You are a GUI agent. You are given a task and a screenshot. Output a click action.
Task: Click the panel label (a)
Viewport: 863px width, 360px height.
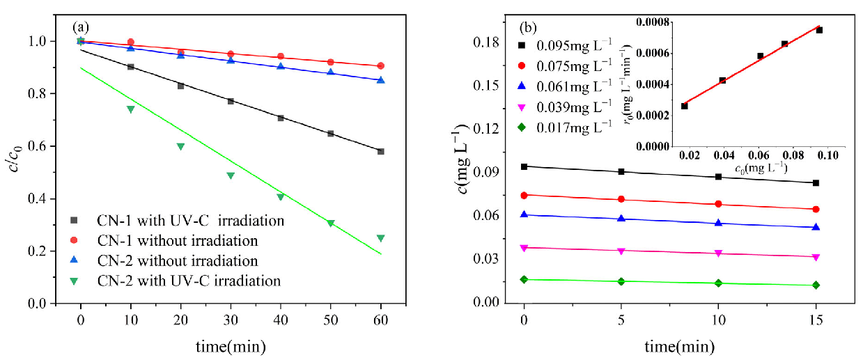81,27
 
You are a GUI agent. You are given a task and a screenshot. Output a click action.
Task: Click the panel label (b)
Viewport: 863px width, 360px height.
527,29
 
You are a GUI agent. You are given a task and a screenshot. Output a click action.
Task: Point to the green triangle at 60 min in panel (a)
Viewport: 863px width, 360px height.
380,238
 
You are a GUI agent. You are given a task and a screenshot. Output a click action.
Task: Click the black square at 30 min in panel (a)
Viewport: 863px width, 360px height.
231,101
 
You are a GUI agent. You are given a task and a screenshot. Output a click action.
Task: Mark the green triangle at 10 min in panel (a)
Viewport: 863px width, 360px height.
130,109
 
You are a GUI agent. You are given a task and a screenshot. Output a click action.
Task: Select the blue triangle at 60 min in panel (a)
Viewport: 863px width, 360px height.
380,80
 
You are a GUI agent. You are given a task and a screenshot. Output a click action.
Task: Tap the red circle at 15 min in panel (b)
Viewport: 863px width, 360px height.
816,209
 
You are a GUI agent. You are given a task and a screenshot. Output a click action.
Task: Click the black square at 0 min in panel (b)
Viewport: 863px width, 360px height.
524,166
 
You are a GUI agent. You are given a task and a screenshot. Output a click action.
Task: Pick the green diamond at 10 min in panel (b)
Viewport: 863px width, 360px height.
718,283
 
